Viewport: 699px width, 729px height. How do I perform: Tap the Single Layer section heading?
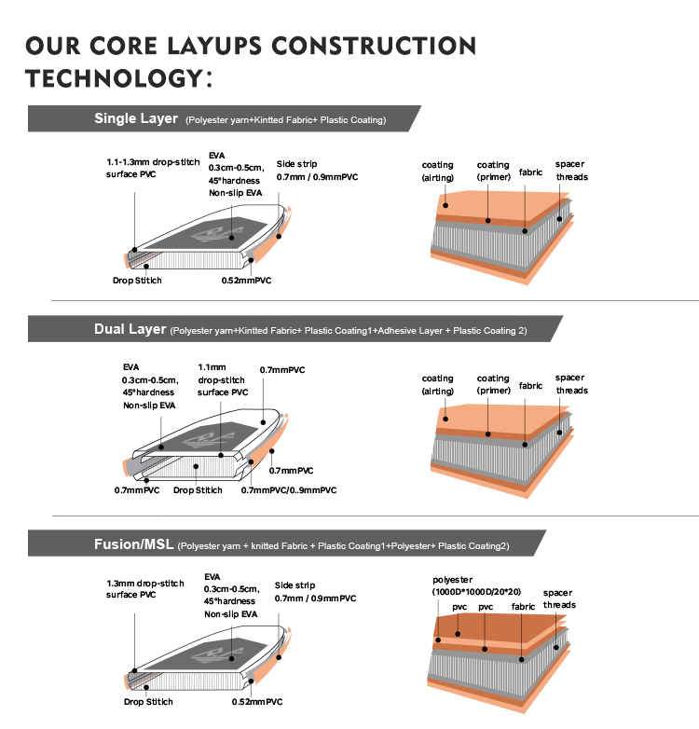pos(135,118)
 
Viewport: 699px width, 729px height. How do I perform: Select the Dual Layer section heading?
pos(130,329)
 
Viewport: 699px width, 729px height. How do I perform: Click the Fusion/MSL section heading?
pos(133,544)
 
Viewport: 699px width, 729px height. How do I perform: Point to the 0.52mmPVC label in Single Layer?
pos(246,280)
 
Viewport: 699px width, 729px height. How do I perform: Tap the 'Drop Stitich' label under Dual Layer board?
pos(198,490)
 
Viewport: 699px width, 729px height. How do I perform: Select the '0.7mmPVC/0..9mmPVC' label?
pos(289,490)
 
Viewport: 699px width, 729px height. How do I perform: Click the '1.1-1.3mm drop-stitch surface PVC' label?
pos(153,167)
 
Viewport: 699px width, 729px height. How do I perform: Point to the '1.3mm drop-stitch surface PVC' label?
pos(146,588)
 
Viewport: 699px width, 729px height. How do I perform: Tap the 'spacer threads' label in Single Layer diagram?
pos(571,171)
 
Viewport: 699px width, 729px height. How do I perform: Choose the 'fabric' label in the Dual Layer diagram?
pos(530,385)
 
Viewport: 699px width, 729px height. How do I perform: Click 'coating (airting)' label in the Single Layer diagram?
pos(438,171)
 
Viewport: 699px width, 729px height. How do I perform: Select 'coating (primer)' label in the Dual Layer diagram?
pos(493,385)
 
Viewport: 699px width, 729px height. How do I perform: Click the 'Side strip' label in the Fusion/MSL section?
pos(294,585)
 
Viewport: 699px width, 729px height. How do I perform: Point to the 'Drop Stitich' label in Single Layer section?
pos(137,280)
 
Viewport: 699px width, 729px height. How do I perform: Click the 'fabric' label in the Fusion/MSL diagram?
pos(523,606)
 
